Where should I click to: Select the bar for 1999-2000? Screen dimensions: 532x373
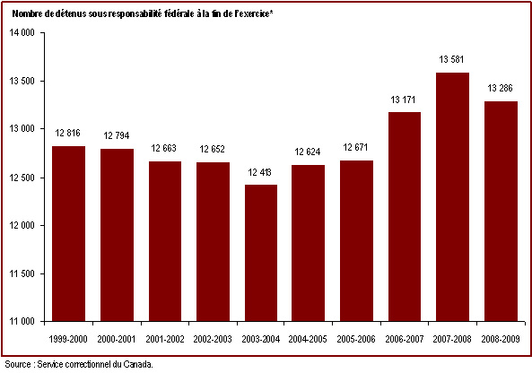(x=68, y=234)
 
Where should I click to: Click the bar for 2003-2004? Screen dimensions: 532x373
(x=261, y=253)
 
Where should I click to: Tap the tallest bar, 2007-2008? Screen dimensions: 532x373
(x=453, y=196)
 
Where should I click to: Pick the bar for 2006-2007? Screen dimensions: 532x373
(x=405, y=216)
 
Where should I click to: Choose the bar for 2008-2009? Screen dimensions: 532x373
(x=501, y=212)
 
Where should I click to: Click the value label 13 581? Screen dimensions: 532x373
(x=451, y=60)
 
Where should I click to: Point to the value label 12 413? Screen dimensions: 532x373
(x=259, y=172)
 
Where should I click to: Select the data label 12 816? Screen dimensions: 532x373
(x=68, y=133)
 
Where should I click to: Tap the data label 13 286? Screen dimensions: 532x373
(x=500, y=88)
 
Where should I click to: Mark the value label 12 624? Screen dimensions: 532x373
(x=308, y=152)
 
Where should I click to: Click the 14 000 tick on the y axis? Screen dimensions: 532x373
(x=22, y=33)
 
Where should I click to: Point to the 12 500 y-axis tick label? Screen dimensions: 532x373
(x=22, y=178)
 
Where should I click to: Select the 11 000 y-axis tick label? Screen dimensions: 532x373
(x=22, y=322)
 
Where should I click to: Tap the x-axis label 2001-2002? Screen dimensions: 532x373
(x=164, y=339)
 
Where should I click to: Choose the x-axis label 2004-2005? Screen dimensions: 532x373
(x=308, y=339)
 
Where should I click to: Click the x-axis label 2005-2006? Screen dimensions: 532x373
(x=356, y=339)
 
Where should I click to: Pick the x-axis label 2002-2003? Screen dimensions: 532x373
(x=213, y=339)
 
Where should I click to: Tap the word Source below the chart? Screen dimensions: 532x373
(x=18, y=365)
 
